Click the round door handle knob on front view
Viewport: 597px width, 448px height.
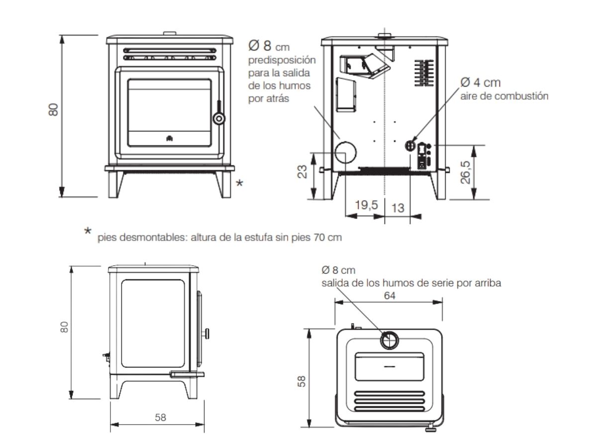(x=219, y=118)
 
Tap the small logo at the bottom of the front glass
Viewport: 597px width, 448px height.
(x=170, y=138)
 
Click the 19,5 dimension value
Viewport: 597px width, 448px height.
(x=366, y=205)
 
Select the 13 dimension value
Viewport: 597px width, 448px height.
(x=398, y=208)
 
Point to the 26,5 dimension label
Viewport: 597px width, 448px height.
(x=465, y=172)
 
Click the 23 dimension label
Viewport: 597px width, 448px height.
(x=302, y=171)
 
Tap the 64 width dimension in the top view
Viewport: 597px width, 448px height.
(x=390, y=295)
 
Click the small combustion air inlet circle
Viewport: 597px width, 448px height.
(x=410, y=146)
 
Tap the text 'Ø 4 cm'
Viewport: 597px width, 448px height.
(x=481, y=83)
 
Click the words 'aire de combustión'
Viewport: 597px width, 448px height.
(x=504, y=96)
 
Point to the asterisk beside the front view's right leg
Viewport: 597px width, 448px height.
(x=239, y=183)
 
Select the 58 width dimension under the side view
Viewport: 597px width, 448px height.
(x=160, y=417)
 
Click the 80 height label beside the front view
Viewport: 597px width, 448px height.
(x=54, y=110)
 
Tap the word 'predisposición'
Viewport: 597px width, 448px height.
(x=282, y=60)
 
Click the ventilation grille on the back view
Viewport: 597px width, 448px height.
(x=424, y=73)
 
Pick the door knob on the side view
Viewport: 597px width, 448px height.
(x=206, y=334)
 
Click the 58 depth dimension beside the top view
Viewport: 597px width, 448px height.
(x=301, y=381)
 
